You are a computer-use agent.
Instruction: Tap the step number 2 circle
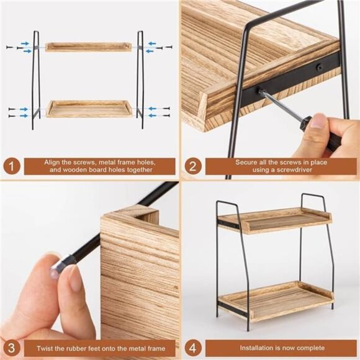click(193, 166)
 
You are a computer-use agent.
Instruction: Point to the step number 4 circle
click(193, 348)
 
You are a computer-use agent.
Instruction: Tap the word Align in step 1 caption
click(53, 162)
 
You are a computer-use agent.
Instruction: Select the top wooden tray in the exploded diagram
click(88, 47)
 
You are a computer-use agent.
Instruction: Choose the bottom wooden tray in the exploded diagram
click(89, 109)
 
